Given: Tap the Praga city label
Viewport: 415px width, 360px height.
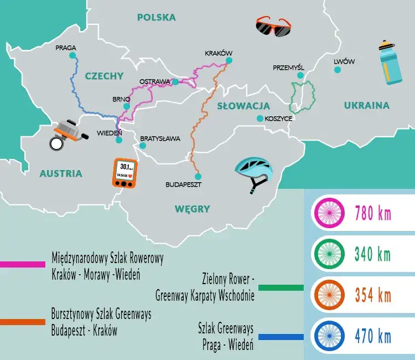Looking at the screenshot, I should [65, 48].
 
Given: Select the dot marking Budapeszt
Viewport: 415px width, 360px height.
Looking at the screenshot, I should [196, 173].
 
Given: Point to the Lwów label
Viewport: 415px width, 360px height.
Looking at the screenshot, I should [344, 61].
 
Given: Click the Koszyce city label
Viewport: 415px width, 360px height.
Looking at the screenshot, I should [278, 119].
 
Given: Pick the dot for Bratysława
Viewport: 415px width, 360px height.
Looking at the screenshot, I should [143, 146].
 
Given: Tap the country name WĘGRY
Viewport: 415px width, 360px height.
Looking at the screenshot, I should [193, 209].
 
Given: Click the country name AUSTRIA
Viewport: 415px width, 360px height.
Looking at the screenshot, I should [61, 173].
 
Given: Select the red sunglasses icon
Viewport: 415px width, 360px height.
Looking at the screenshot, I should [273, 27].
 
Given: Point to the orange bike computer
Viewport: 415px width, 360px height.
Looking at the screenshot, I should [125, 173].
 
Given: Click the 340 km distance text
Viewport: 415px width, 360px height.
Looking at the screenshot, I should [372, 254].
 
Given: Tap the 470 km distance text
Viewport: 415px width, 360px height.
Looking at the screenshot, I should [372, 336].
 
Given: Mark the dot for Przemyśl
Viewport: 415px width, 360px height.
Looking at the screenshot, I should [300, 75].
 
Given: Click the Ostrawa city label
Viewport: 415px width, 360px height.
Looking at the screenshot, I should [154, 81].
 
